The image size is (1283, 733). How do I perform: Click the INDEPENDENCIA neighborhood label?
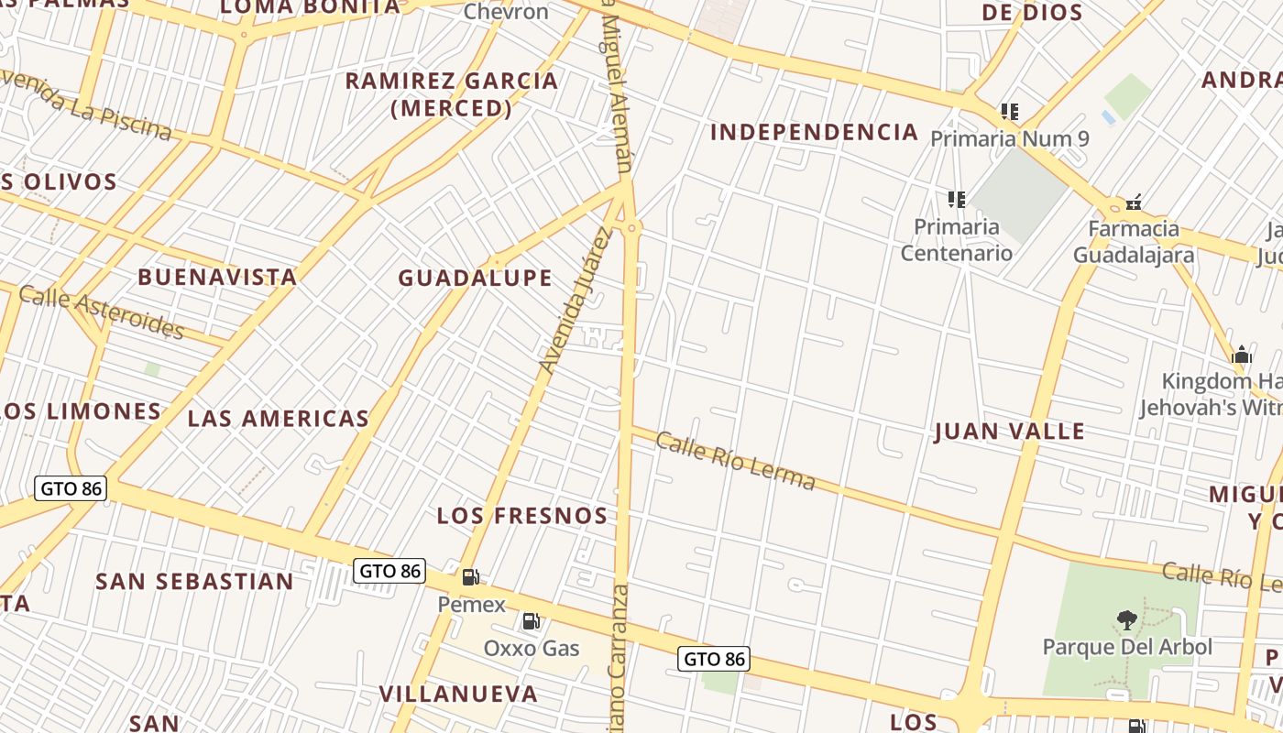coord(814,132)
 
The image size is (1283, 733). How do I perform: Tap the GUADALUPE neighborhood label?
coord(475,278)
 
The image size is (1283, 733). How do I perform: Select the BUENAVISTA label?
coord(217,277)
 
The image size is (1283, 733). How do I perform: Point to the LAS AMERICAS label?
coord(278,419)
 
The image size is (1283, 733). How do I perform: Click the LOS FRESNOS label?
coord(521,515)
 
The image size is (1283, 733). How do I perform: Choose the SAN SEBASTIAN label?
coord(194,582)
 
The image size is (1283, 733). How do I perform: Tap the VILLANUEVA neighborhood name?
coord(458,694)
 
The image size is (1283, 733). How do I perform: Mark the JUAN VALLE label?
coord(1009,432)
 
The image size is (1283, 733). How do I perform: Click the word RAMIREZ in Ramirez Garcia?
coord(403,81)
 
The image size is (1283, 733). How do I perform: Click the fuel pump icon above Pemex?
coord(471,577)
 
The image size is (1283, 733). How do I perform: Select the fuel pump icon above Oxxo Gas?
coord(531,621)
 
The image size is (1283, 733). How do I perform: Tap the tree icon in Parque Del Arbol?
coord(1127,620)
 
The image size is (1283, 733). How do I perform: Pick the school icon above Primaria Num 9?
coord(1010,112)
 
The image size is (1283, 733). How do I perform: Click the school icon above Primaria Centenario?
coord(957,199)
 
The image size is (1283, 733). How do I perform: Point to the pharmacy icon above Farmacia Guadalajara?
coord(1134,202)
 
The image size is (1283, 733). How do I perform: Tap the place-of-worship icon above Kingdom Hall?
coord(1242,355)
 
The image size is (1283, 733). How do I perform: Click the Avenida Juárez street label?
coord(575,301)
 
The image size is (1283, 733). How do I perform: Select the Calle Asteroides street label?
coord(101,312)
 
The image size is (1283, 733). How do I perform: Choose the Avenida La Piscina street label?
coord(87,105)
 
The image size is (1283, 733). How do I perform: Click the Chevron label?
coord(506,12)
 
